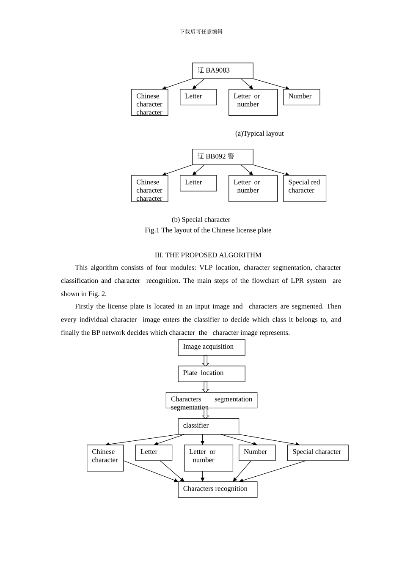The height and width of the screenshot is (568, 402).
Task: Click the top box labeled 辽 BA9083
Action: (222, 71)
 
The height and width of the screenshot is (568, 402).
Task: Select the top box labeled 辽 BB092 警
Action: (222, 157)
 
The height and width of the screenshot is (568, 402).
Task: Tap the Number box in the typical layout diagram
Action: (301, 97)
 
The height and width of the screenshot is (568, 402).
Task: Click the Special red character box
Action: (304, 188)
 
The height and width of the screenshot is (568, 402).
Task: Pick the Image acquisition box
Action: (211, 347)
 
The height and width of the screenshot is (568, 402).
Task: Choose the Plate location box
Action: (211, 374)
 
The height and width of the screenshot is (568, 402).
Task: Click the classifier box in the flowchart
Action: (208, 426)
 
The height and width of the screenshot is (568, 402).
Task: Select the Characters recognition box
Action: (217, 489)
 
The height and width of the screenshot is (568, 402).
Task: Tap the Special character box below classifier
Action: (317, 452)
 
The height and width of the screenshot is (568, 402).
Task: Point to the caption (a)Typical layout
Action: (259, 134)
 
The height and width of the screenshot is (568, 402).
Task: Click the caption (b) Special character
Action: (201, 220)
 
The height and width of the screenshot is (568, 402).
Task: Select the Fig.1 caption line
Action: (208, 230)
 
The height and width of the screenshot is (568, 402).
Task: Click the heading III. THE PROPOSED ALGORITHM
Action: (208, 255)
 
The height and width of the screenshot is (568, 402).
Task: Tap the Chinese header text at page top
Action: (201, 32)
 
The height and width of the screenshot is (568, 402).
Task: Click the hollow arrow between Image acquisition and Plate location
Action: (206, 360)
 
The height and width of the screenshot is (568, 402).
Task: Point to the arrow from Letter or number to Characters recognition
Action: (203, 476)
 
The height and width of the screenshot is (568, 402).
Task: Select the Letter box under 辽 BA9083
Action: (198, 97)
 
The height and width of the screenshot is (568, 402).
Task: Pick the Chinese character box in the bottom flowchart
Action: (105, 457)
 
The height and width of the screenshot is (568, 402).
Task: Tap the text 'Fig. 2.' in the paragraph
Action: (97, 294)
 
